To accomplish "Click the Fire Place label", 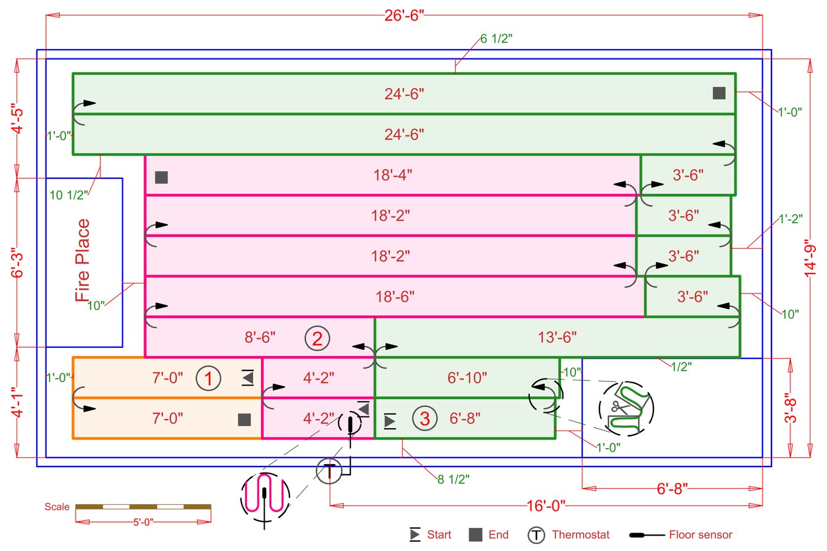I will [83, 260].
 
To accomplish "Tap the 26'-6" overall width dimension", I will [404, 15].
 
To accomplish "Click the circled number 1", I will [208, 378].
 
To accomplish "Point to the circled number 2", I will [317, 338].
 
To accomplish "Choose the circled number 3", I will [424, 419].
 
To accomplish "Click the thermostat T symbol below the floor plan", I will [329, 471].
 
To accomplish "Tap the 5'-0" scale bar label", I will [143, 522].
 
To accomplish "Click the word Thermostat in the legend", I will [580, 535].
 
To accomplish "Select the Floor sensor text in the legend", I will [700, 535].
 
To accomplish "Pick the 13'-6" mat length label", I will [557, 337].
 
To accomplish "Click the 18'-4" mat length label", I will [392, 175].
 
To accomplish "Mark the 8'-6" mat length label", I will [260, 337].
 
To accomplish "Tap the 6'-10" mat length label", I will [467, 378].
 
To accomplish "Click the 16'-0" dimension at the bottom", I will [546, 506].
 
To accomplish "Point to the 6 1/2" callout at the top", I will [496, 39].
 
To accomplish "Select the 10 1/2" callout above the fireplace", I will [69, 195].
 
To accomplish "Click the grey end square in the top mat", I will [719, 93].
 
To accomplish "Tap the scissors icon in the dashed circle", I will [618, 407].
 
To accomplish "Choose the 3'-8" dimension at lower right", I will [790, 408].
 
